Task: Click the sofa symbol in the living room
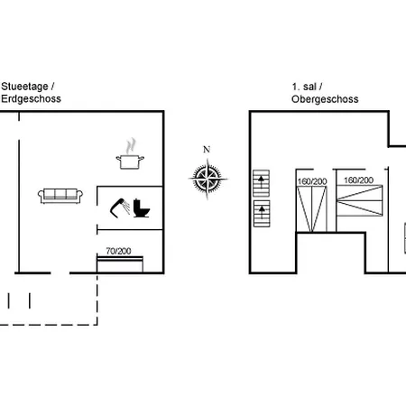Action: [60, 196]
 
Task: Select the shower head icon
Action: [120, 208]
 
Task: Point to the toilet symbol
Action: [142, 208]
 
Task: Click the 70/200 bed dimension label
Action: [118, 251]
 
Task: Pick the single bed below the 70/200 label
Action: [120, 264]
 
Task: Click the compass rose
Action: [208, 178]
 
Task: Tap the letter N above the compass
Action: [207, 150]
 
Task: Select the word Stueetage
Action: [24, 87]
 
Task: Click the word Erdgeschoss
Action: [31, 98]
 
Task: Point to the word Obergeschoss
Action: [325, 99]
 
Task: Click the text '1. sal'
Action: [304, 87]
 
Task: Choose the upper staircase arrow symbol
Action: [261, 183]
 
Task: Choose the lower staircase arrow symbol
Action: [262, 214]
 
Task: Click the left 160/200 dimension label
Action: [312, 181]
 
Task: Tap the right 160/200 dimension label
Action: [358, 180]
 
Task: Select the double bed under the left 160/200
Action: [311, 209]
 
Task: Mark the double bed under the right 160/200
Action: [360, 200]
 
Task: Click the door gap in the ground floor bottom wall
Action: [60, 273]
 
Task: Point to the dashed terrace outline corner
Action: [97, 325]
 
